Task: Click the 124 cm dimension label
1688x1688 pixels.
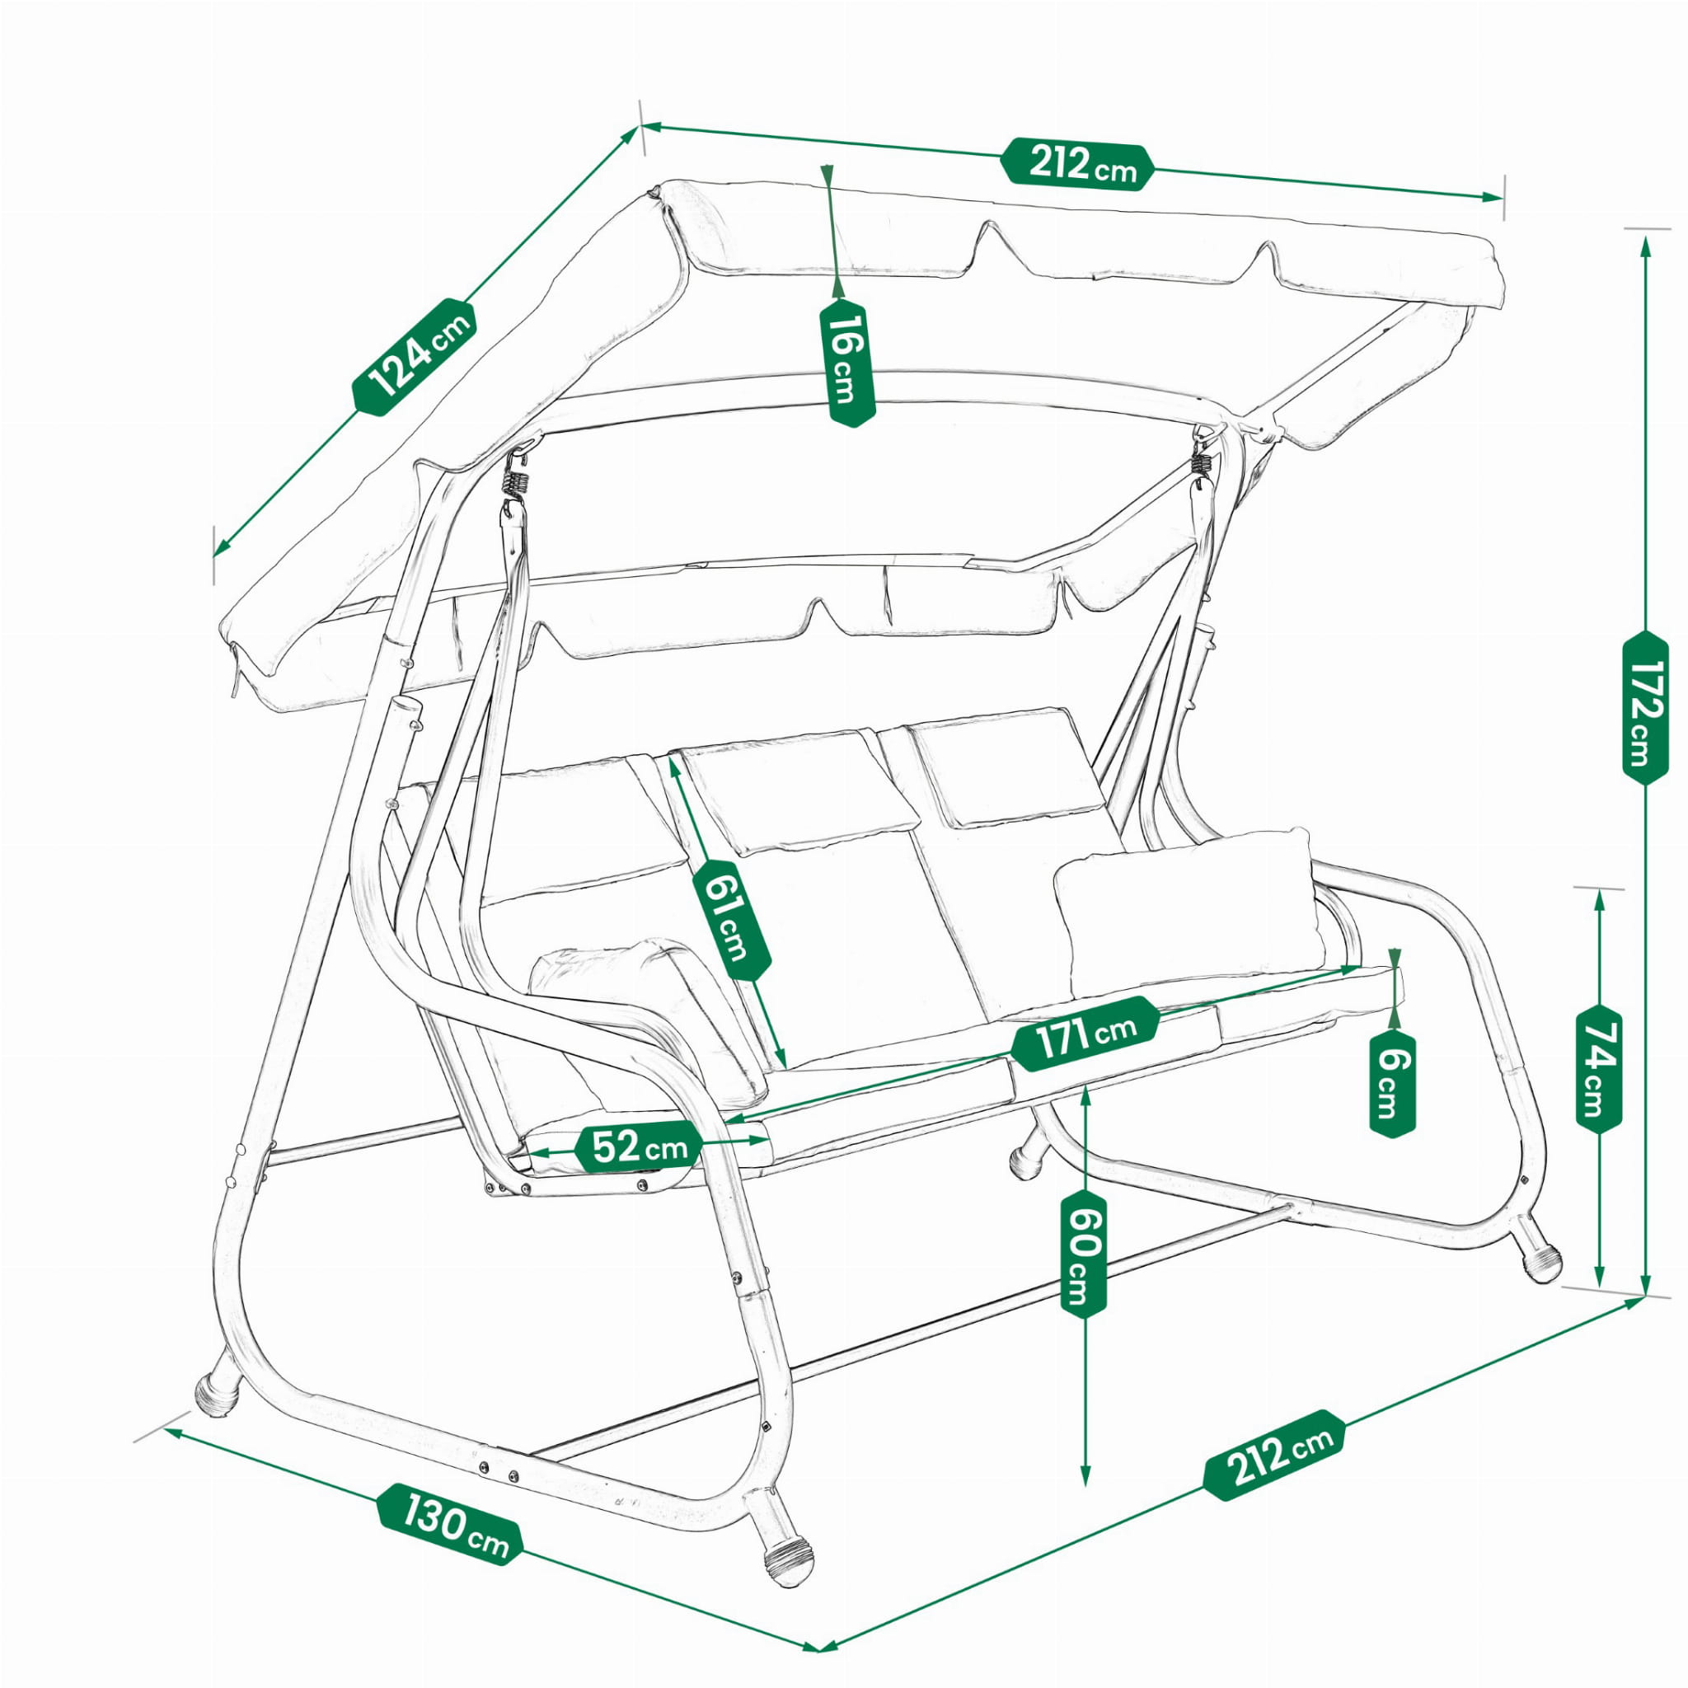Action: click(414, 355)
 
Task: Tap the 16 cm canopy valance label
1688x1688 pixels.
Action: click(846, 362)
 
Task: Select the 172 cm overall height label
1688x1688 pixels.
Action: click(1645, 708)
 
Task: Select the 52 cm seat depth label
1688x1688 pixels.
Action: click(640, 1146)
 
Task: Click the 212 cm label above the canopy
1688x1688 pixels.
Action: click(1078, 165)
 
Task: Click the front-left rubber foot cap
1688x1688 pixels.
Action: click(216, 1395)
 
